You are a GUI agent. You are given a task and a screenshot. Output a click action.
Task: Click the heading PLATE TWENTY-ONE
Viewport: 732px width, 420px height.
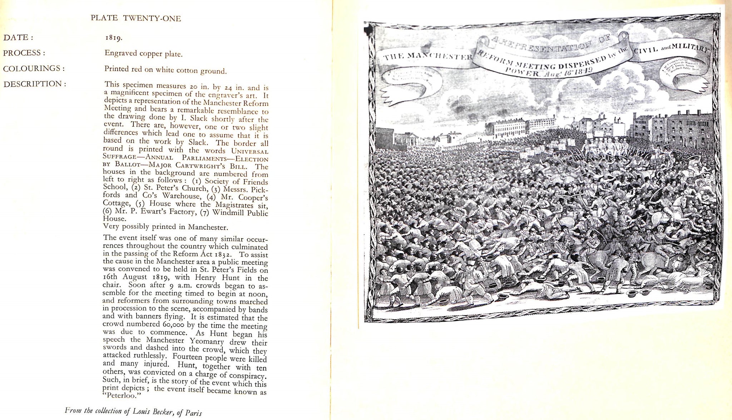point(135,18)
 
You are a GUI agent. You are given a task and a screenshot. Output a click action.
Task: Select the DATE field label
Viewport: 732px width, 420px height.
point(18,37)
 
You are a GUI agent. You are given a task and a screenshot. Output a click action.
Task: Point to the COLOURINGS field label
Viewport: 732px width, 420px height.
point(34,68)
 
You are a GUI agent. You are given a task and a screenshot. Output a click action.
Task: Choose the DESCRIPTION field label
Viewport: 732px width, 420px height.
point(34,84)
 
